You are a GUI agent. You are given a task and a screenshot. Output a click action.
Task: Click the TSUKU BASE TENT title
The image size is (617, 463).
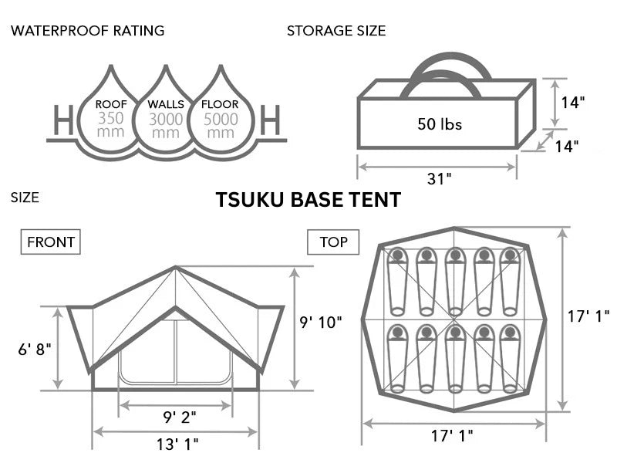tap(308, 200)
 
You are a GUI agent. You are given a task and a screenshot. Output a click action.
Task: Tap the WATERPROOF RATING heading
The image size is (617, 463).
tap(87, 31)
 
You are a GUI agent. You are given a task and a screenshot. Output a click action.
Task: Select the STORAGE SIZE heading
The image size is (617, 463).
tap(336, 31)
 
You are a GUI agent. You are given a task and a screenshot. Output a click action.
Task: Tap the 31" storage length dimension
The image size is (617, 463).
tap(438, 179)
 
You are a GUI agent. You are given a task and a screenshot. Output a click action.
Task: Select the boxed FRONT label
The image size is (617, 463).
tap(51, 242)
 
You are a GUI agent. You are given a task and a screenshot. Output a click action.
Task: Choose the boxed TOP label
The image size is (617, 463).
tap(333, 242)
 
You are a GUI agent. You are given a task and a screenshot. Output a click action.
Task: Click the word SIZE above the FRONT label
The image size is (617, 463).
tap(24, 198)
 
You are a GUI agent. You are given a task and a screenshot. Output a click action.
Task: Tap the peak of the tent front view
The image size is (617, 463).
tap(176, 268)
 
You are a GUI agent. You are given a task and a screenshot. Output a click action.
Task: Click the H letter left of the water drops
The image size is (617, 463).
tap(64, 121)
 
